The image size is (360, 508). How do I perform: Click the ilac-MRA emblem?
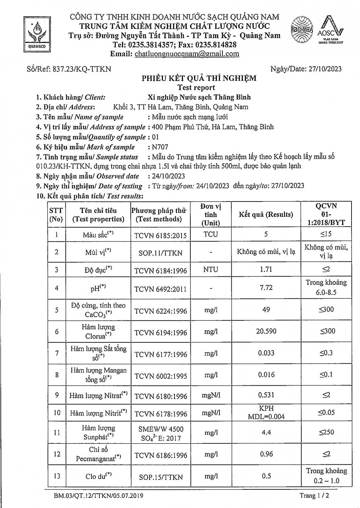[x=301, y=30]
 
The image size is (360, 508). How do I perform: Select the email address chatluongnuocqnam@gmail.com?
[x=187, y=54]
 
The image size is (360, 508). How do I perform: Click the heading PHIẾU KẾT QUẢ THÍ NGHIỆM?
[x=199, y=79]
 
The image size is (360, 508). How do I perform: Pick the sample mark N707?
[x=160, y=147]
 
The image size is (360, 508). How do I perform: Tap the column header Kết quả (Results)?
[x=266, y=214]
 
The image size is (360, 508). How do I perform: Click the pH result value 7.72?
[x=266, y=288]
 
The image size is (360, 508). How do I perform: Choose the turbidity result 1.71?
[x=266, y=269]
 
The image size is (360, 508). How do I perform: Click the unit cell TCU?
[x=211, y=234]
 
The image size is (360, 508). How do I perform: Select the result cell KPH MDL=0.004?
[x=266, y=412]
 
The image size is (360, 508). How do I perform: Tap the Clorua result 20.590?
[x=266, y=331]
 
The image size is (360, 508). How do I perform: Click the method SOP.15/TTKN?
[x=161, y=477]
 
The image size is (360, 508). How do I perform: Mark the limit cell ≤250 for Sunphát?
[x=326, y=432]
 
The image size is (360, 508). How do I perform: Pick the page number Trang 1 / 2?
[x=314, y=495]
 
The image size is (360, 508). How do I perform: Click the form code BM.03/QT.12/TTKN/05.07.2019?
[x=98, y=496]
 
